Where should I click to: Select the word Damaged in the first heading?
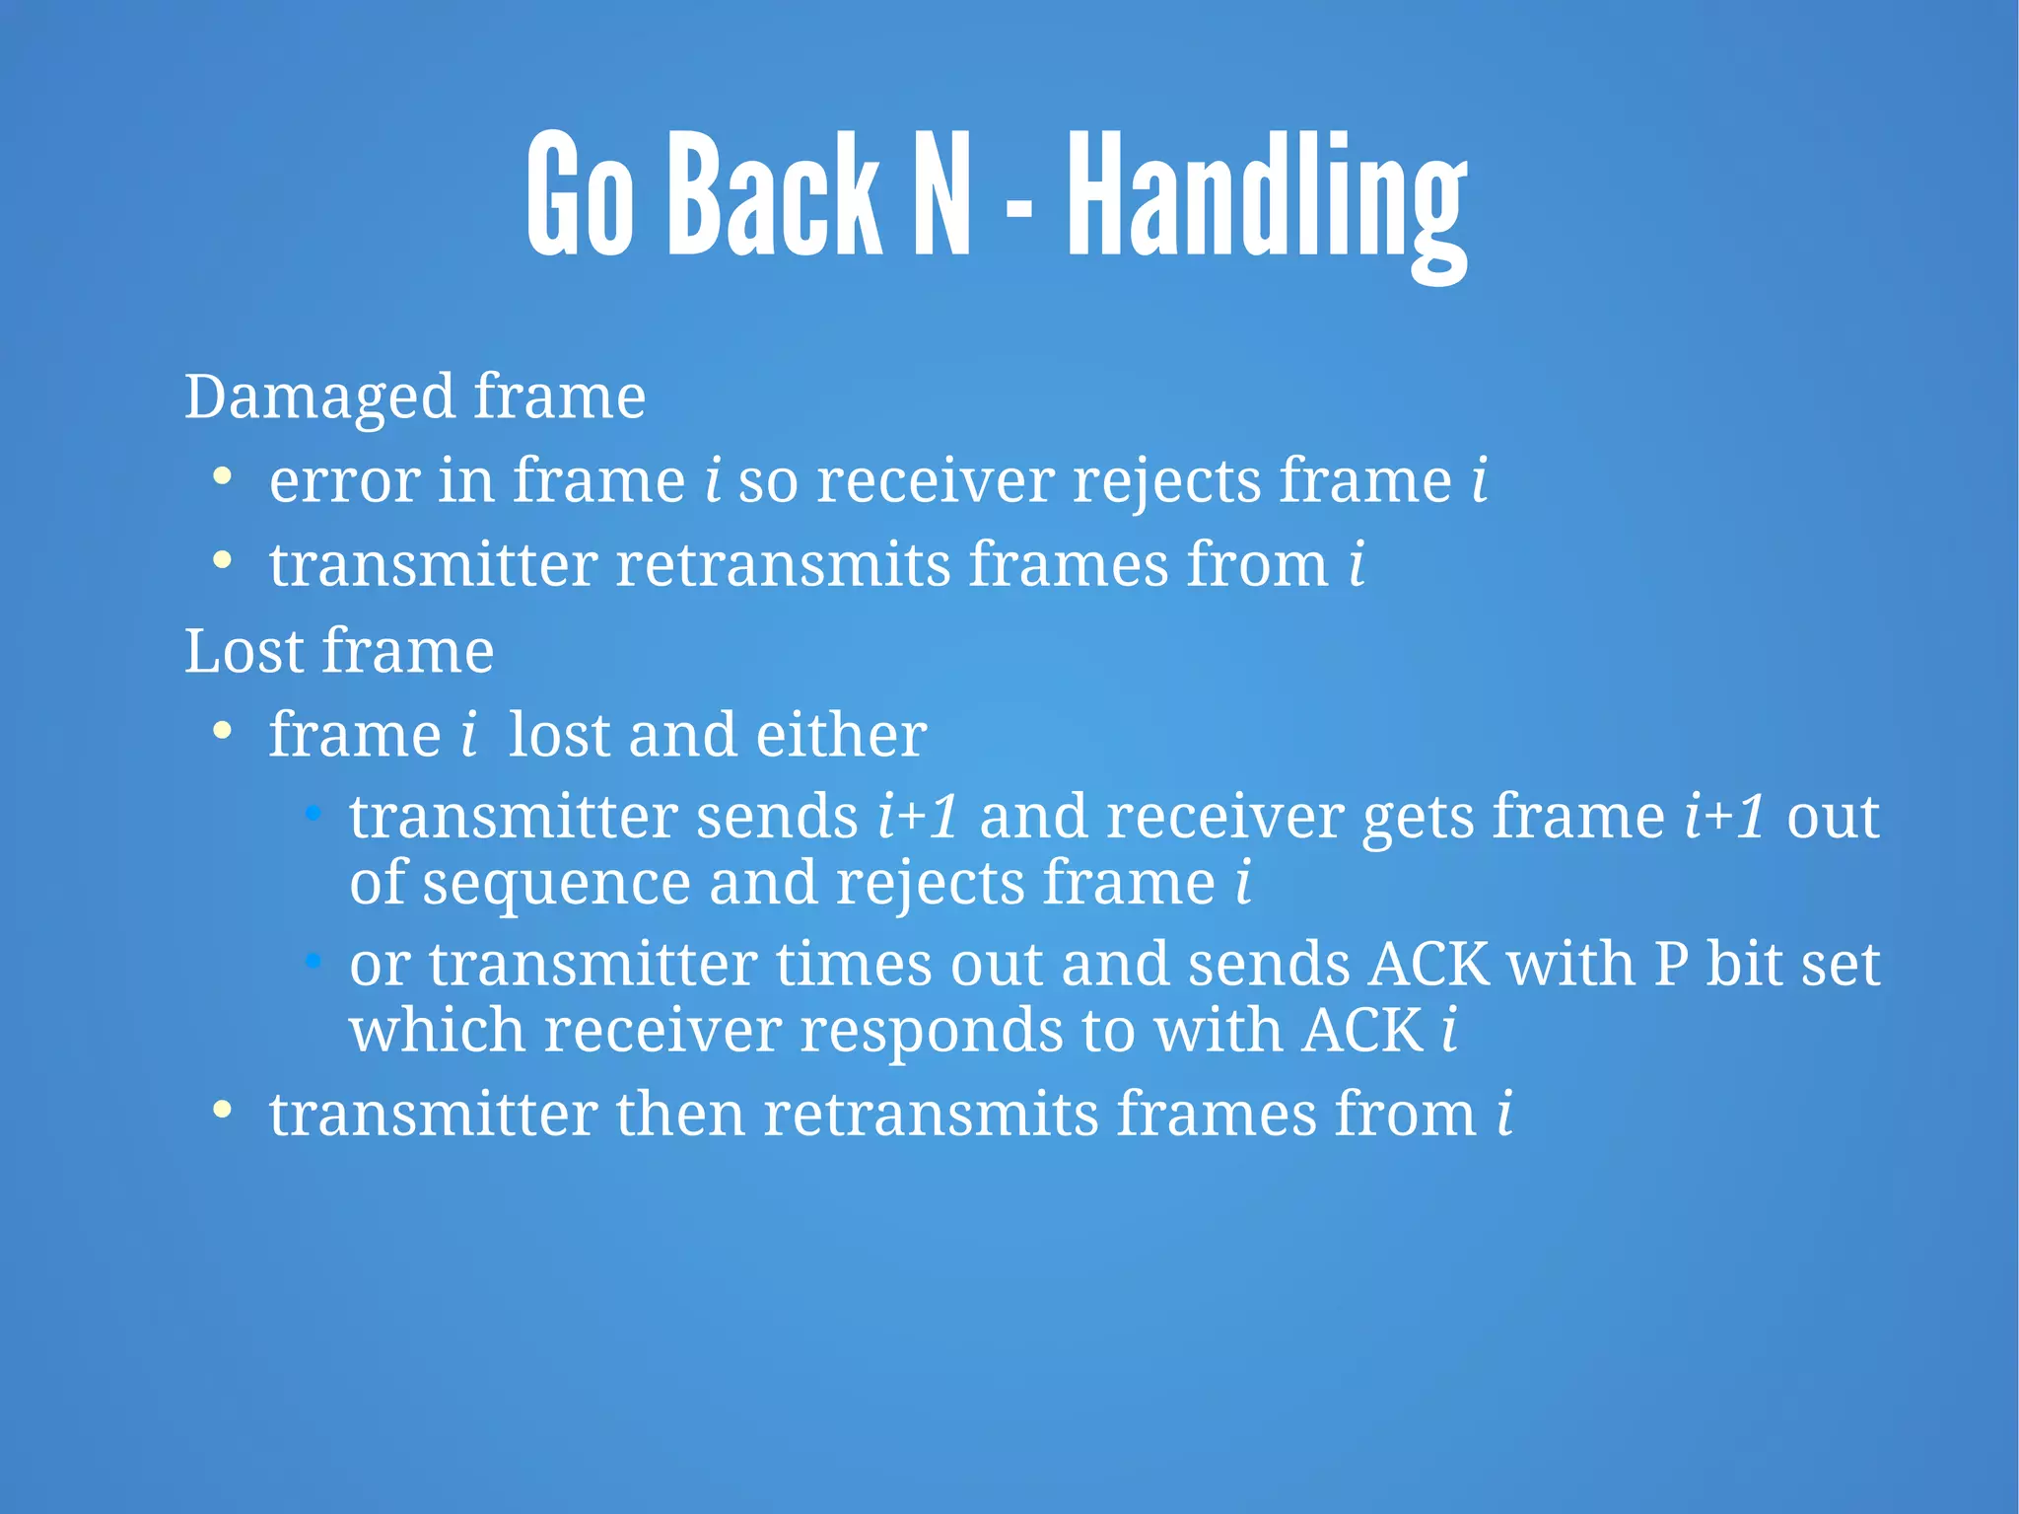click(x=319, y=397)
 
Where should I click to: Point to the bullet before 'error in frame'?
click(x=223, y=476)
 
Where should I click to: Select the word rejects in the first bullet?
click(x=1166, y=482)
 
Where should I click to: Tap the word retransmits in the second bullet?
click(x=783, y=565)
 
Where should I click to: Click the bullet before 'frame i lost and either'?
click(x=223, y=731)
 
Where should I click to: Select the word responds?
click(x=931, y=1031)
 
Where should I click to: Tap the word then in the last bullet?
click(x=679, y=1115)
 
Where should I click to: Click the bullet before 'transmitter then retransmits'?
click(x=223, y=1109)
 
